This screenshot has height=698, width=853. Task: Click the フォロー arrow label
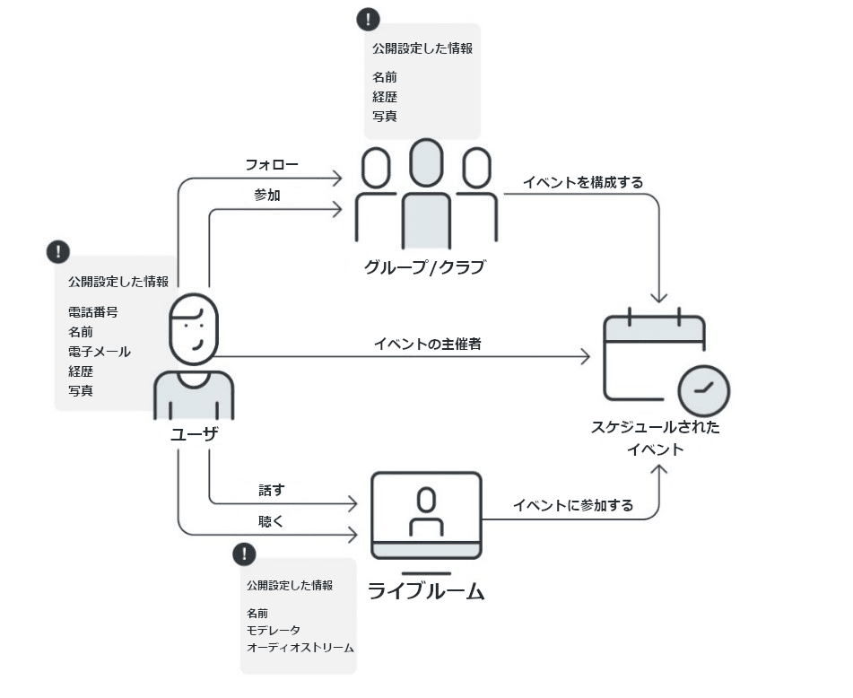click(272, 165)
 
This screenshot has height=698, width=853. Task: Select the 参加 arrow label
click(267, 195)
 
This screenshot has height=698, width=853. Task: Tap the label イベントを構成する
click(583, 182)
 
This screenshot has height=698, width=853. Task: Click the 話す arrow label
click(271, 491)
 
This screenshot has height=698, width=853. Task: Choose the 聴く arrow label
click(271, 521)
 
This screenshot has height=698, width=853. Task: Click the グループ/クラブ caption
click(424, 266)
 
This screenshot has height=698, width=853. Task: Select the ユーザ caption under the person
click(194, 433)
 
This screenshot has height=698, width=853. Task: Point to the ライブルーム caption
click(426, 591)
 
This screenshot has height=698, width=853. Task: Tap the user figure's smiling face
click(195, 328)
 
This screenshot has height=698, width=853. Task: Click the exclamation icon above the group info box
click(368, 20)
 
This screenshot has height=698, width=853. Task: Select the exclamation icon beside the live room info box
click(244, 554)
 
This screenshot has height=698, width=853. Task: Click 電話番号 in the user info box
click(92, 312)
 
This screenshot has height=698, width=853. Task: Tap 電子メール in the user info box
click(99, 352)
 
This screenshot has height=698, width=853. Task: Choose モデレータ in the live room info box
click(274, 631)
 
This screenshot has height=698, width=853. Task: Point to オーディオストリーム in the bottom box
click(300, 648)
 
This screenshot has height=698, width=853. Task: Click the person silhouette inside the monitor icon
click(426, 511)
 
